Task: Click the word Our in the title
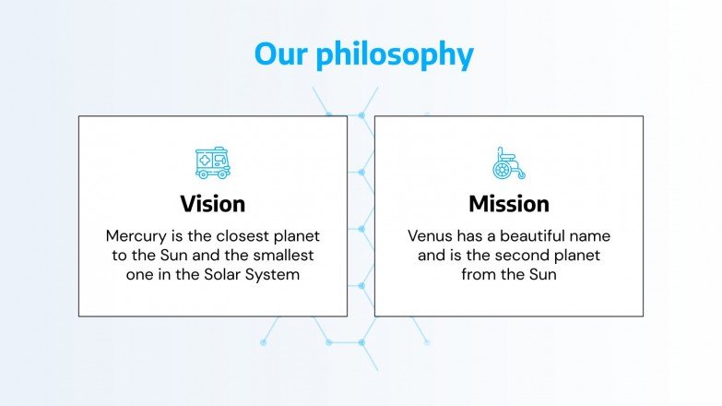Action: tap(281, 54)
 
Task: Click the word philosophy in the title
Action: tap(395, 55)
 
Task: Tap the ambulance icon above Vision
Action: tap(213, 162)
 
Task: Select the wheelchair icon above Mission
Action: tap(508, 163)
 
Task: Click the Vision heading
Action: tap(213, 204)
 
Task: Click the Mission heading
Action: tap(509, 204)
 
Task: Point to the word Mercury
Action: tap(136, 237)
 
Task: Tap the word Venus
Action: tap(430, 236)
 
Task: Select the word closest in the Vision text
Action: tap(243, 236)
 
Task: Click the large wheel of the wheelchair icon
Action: tap(502, 170)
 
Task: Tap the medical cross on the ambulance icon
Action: tap(205, 161)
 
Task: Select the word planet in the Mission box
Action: tap(577, 256)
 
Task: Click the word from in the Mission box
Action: tap(479, 274)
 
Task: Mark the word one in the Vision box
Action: tap(136, 275)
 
